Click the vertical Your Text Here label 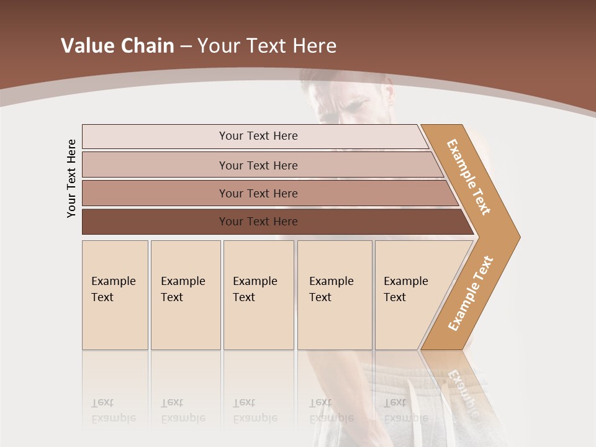71,178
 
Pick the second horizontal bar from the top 258,165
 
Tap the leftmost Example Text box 115,295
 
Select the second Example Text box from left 186,295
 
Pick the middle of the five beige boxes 258,295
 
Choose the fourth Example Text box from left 335,295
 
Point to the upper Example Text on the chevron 469,177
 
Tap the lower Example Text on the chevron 471,294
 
